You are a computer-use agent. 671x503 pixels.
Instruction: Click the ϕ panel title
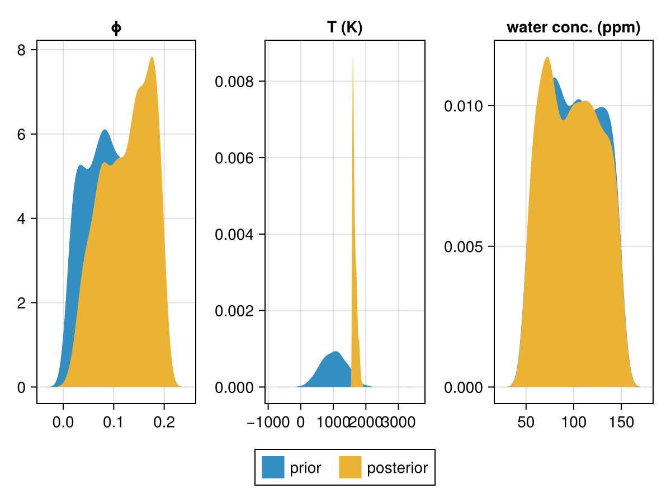tap(116, 29)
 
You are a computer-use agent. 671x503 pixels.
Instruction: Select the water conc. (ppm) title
tap(573, 28)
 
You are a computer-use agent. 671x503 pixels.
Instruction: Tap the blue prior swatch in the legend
tap(273, 467)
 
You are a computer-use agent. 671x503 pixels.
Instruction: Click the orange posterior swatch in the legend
tap(351, 467)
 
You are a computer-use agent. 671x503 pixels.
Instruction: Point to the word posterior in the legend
tap(397, 468)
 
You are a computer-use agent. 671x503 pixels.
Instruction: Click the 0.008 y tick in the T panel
tap(235, 82)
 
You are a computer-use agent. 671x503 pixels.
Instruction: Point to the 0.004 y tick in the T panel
tap(235, 234)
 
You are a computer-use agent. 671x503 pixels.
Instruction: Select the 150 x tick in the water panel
tap(621, 422)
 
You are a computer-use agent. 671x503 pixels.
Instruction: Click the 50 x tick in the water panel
tap(526, 422)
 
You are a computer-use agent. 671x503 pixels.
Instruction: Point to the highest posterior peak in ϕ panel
tap(152, 58)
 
